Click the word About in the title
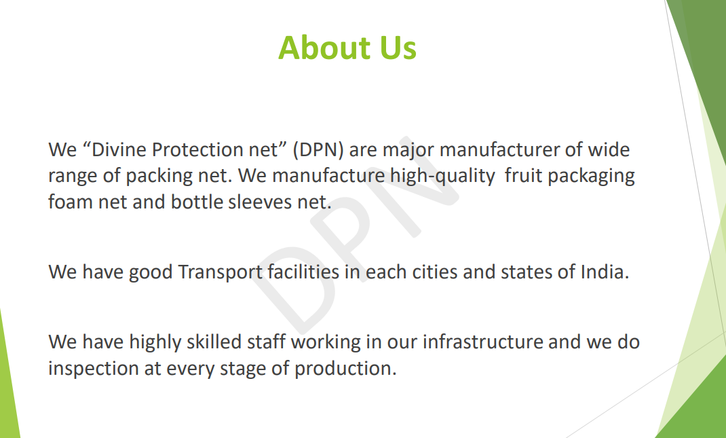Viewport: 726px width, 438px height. click(x=325, y=48)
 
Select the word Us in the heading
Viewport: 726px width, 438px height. click(x=398, y=48)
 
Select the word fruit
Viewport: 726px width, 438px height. click(x=523, y=176)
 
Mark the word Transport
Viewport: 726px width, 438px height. click(x=221, y=272)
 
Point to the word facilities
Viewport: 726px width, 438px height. click(x=303, y=272)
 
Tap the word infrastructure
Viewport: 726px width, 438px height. click(x=482, y=342)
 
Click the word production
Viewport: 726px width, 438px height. click(x=345, y=369)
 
